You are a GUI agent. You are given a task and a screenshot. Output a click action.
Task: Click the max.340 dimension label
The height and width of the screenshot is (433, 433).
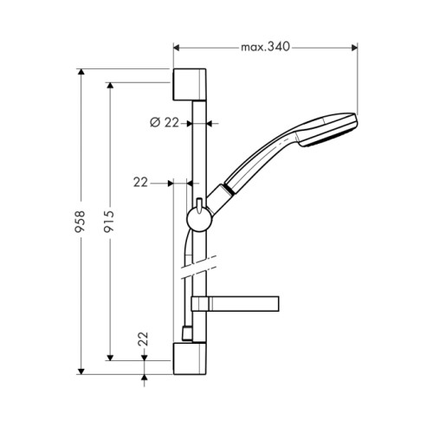[265, 47]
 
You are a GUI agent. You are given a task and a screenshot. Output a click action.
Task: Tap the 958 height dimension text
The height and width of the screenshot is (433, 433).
[80, 222]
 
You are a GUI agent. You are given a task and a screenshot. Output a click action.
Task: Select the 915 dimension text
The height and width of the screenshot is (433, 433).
[109, 222]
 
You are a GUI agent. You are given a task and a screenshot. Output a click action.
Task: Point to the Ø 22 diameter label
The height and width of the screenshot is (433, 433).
[165, 123]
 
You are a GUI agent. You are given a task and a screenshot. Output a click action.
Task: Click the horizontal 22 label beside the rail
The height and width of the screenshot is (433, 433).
[140, 183]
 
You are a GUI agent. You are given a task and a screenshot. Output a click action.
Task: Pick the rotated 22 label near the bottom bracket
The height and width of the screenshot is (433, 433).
[143, 339]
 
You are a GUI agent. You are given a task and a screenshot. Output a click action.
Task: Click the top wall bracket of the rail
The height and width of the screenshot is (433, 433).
[190, 85]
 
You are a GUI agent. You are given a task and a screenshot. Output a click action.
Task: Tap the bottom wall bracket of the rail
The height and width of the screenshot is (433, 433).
[190, 359]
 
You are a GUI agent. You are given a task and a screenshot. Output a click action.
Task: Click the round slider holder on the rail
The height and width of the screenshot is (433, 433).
[199, 220]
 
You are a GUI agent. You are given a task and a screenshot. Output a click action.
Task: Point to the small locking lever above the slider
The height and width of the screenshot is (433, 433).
[199, 206]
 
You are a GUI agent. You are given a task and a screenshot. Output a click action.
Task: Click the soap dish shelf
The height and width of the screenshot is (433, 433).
[235, 304]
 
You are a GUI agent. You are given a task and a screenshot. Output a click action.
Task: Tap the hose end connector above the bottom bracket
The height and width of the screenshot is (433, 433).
[187, 333]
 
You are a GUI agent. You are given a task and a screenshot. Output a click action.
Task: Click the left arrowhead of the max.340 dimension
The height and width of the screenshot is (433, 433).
[176, 48]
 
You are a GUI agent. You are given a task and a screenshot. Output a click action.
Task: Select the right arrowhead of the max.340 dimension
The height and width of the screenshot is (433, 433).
[354, 48]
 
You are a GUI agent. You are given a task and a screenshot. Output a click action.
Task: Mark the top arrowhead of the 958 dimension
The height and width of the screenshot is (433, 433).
[81, 72]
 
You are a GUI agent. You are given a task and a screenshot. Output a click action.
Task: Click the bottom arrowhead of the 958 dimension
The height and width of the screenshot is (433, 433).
[81, 372]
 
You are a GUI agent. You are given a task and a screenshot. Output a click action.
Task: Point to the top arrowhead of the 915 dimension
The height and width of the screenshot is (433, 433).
[110, 86]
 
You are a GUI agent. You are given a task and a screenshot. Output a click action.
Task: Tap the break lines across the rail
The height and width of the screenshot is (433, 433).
[198, 268]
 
